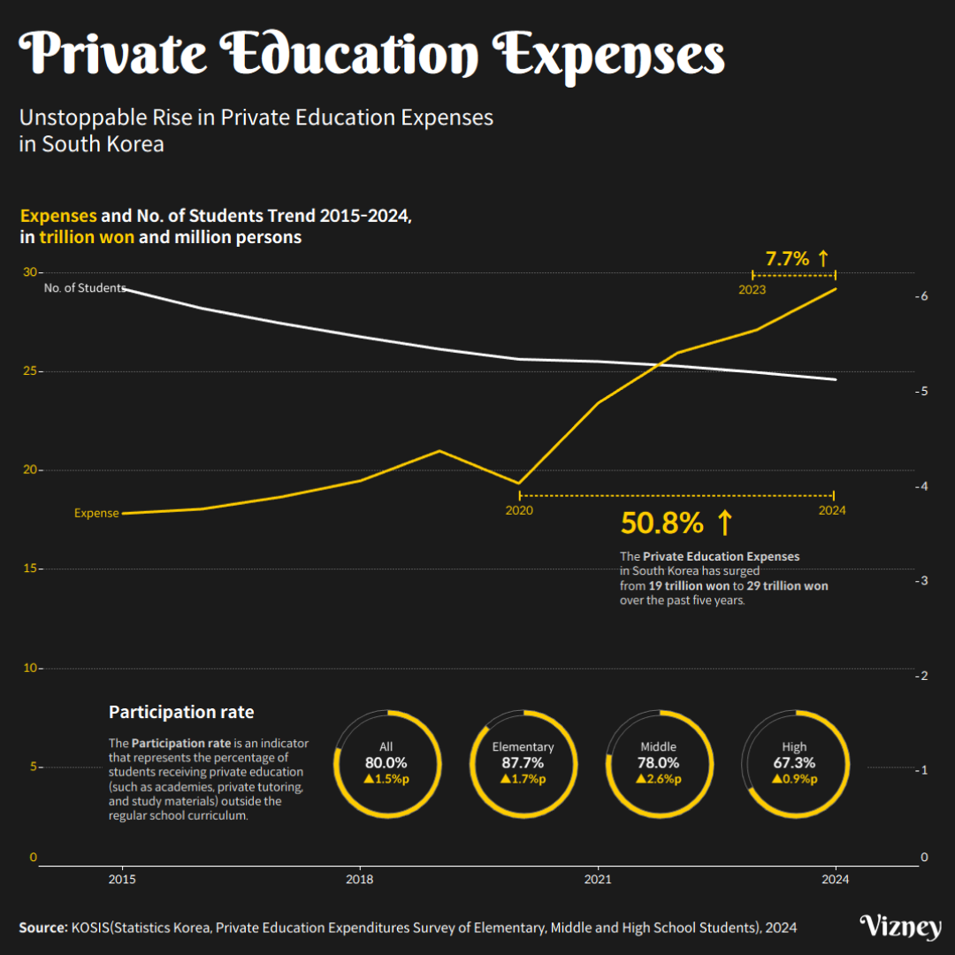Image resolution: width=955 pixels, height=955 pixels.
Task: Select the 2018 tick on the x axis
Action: [x=360, y=880]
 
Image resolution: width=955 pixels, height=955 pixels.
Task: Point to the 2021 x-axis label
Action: [x=598, y=880]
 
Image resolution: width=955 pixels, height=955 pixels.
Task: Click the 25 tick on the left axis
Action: [x=30, y=371]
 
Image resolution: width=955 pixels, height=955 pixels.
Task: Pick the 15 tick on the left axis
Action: [x=30, y=569]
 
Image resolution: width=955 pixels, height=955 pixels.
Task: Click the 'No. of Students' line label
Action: [x=85, y=288]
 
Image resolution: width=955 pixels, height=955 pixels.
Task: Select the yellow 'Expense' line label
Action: [x=96, y=513]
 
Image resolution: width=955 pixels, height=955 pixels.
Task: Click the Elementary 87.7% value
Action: [x=523, y=763]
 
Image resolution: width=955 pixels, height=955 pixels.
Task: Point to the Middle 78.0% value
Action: [x=658, y=763]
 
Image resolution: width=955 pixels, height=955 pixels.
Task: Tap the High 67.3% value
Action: [x=794, y=763]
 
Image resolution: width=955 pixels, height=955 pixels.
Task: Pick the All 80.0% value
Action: [x=386, y=763]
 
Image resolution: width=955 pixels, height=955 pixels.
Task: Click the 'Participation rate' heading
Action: [x=181, y=713]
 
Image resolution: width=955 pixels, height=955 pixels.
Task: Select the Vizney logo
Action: [x=900, y=927]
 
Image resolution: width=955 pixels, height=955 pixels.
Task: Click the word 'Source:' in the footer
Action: [x=42, y=928]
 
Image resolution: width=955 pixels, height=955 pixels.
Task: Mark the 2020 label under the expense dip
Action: [x=519, y=510]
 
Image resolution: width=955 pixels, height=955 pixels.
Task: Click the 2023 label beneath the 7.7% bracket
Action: [x=753, y=289]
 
